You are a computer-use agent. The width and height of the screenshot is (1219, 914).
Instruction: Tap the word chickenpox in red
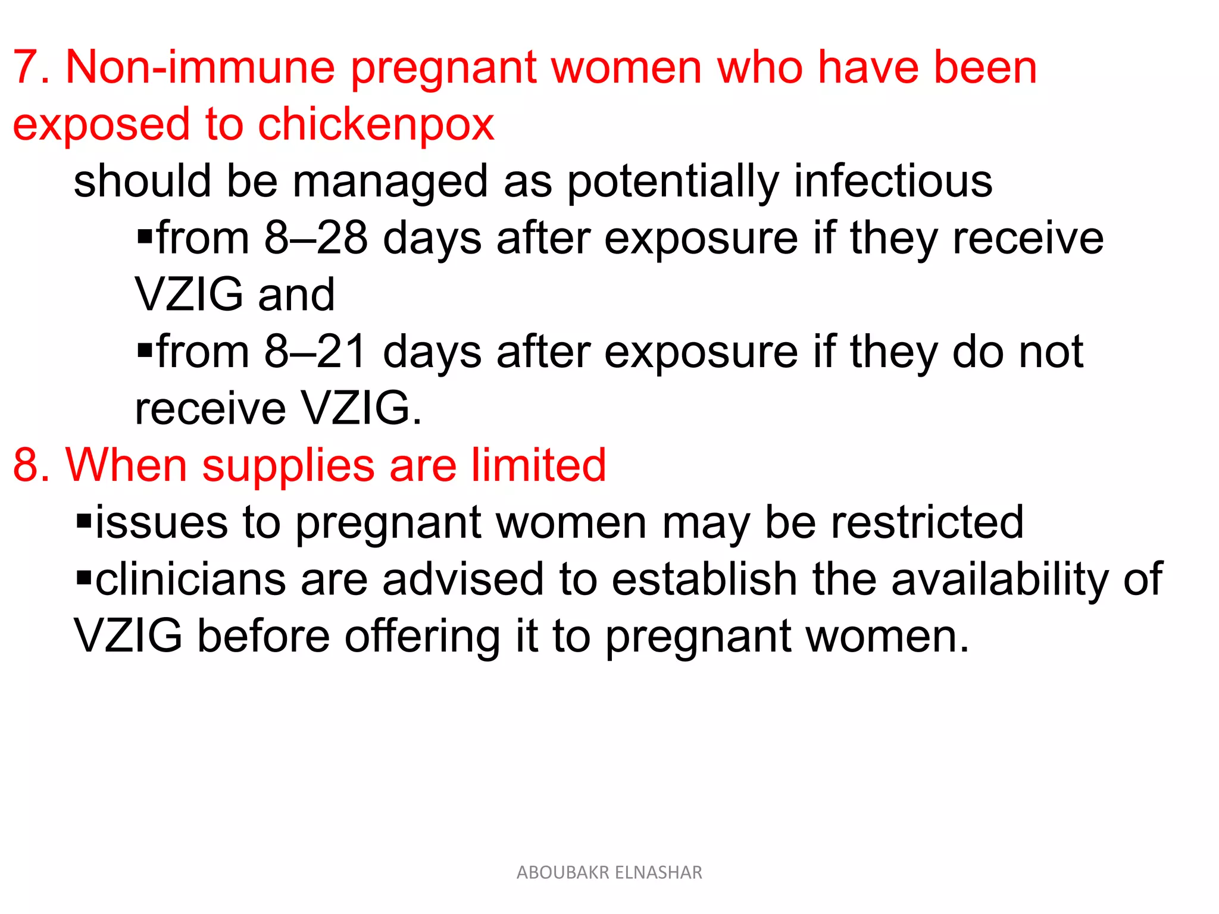[376, 125]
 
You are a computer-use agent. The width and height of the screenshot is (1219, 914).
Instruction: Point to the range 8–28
[315, 238]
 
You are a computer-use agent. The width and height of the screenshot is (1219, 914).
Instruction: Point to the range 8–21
[315, 352]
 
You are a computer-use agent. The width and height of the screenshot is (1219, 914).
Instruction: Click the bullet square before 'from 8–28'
[145, 237]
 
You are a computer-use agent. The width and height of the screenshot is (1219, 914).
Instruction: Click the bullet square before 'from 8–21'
[145, 350]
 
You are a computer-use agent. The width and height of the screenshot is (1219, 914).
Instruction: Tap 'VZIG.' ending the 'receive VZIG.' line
[361, 409]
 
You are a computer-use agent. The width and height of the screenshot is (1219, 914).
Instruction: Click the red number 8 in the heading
[28, 465]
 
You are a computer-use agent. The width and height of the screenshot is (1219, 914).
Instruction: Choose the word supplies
[288, 465]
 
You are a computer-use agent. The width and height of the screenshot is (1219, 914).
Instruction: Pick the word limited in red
[538, 465]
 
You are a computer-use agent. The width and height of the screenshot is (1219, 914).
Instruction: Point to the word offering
[423, 636]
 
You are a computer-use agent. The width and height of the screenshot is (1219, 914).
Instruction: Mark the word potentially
[673, 181]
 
